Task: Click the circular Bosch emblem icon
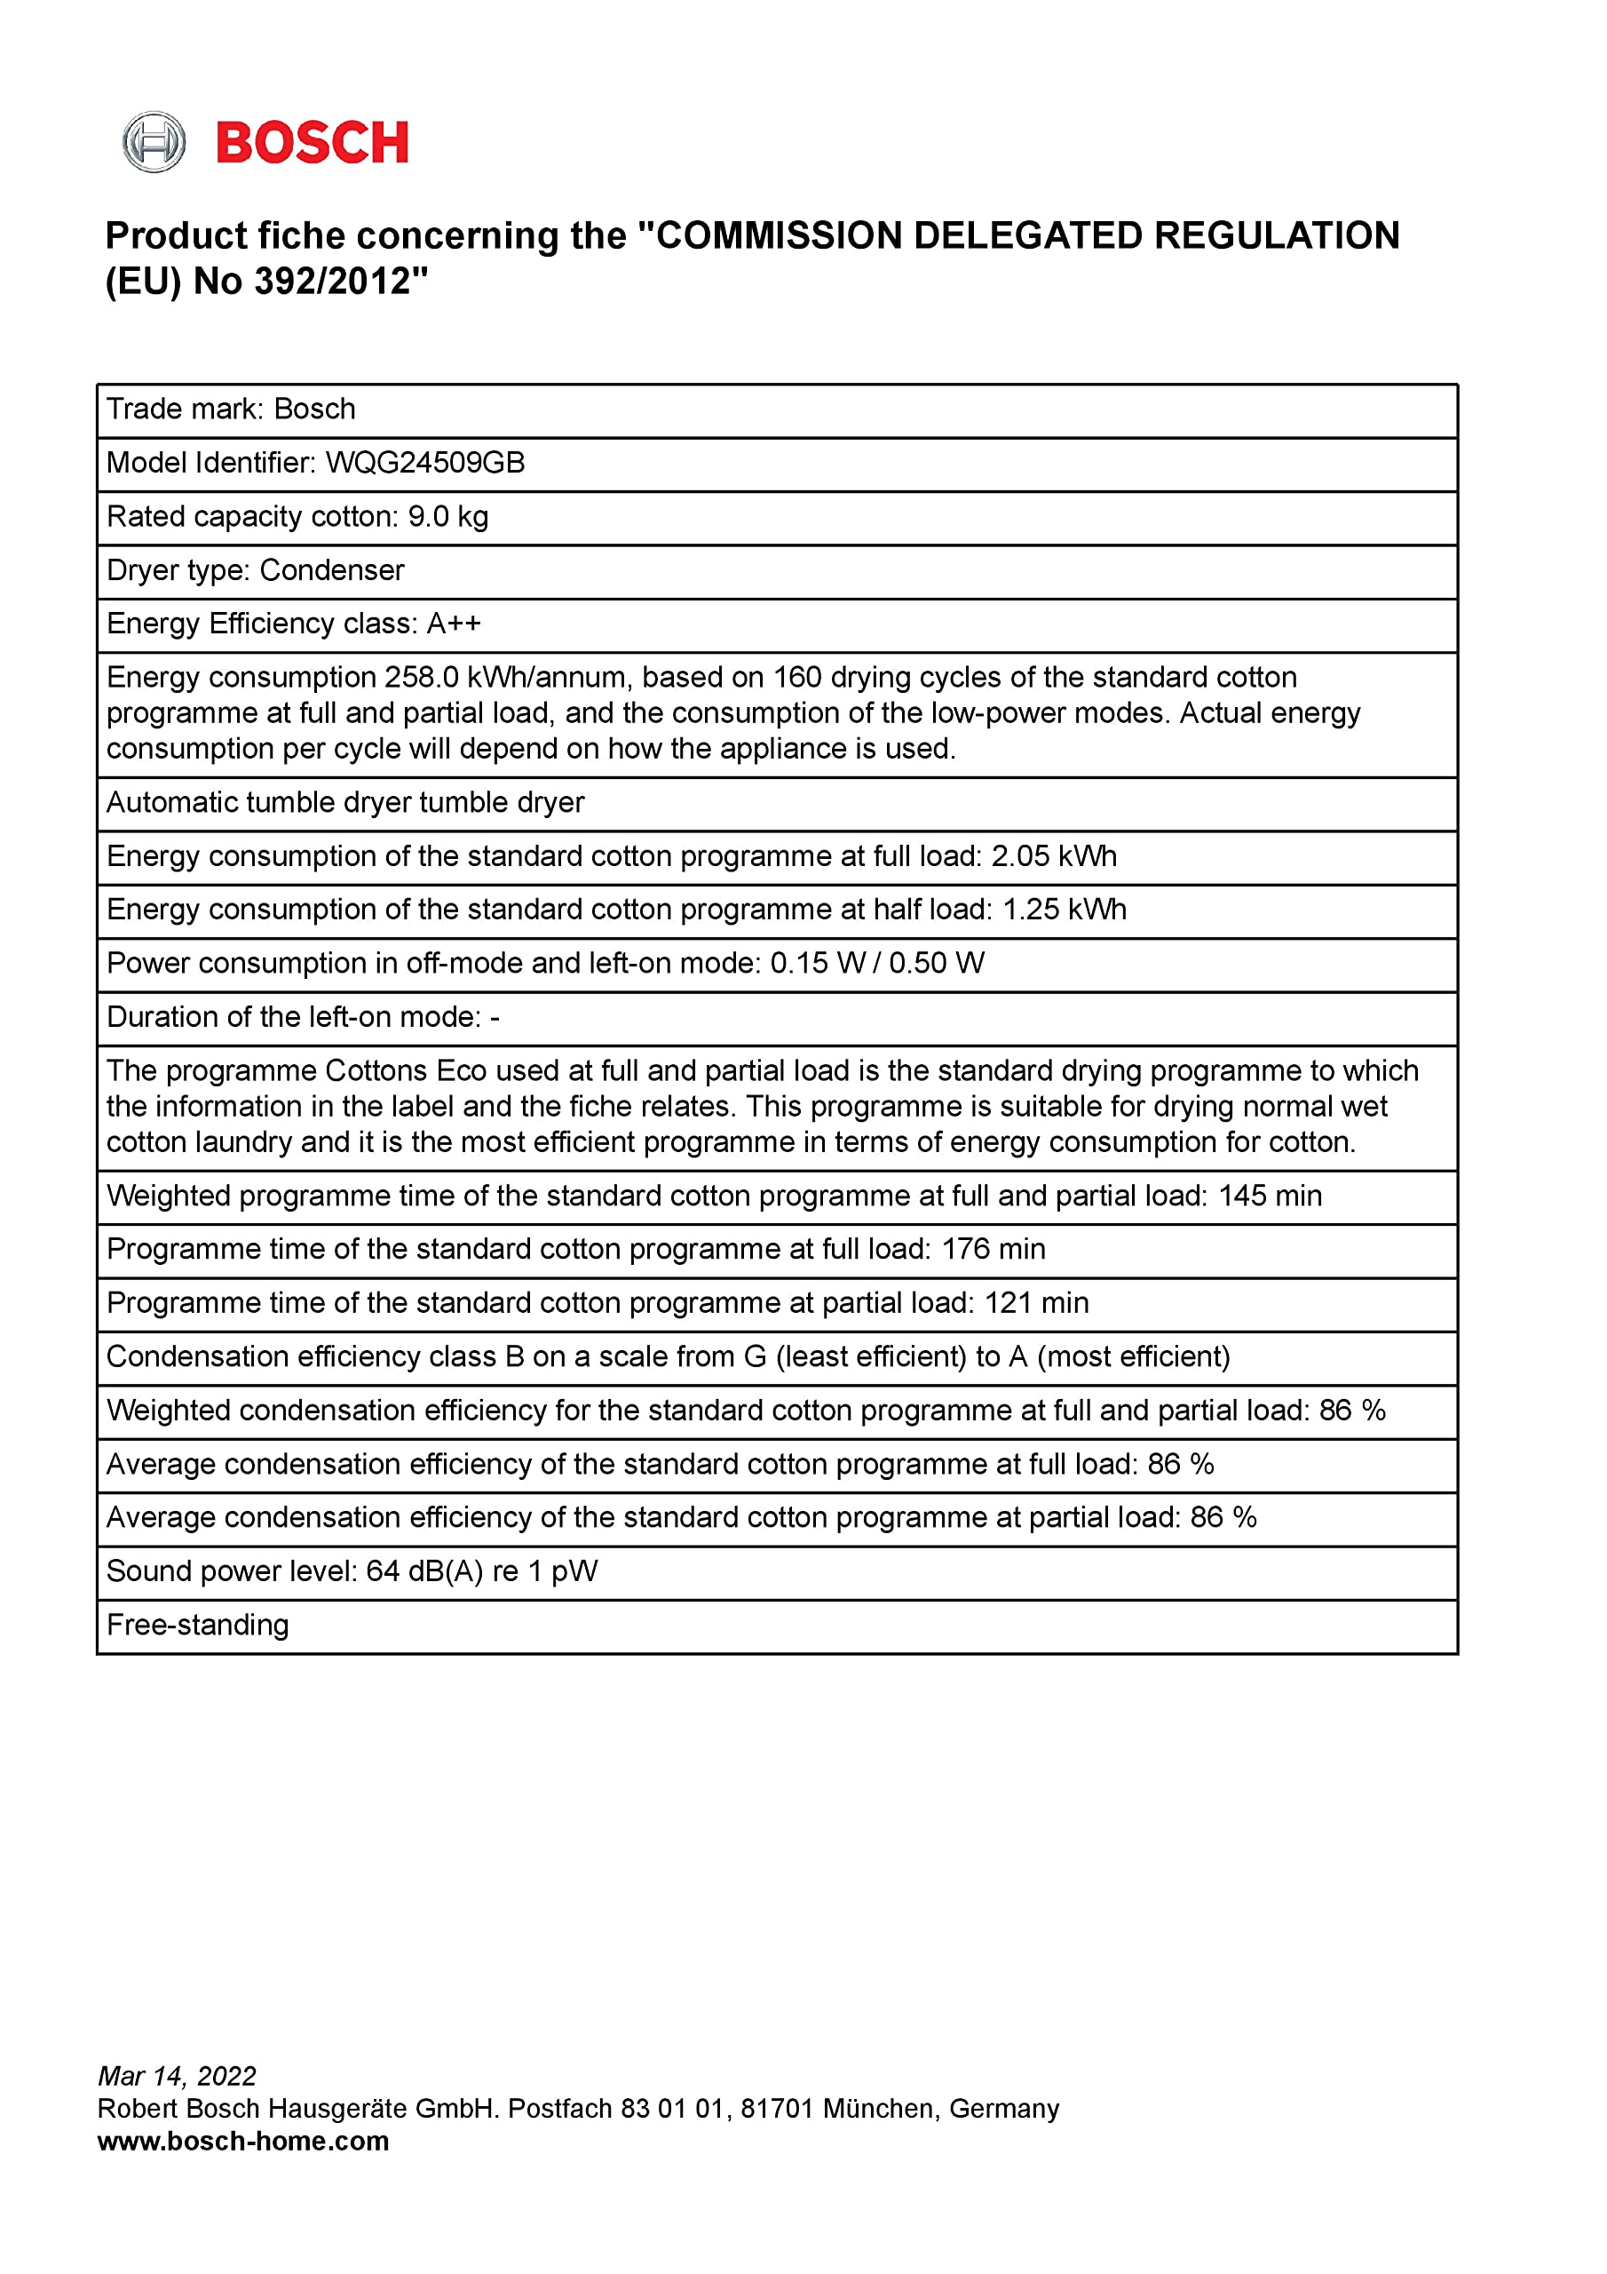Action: pos(154,143)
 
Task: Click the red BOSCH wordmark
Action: pos(312,144)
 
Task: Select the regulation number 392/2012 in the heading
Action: pos(332,282)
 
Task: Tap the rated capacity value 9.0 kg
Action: pos(447,517)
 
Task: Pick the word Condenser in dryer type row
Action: pos(332,570)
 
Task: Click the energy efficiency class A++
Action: pos(454,624)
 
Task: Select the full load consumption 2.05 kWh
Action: pos(1054,856)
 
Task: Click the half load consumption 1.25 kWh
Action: pos(1065,910)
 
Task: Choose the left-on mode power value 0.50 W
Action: pos(937,964)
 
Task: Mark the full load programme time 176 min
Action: pos(993,1250)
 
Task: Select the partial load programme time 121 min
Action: pos(1037,1303)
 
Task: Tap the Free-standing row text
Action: pos(198,1626)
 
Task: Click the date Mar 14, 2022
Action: pos(178,2076)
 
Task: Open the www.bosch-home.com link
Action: pos(243,2142)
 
